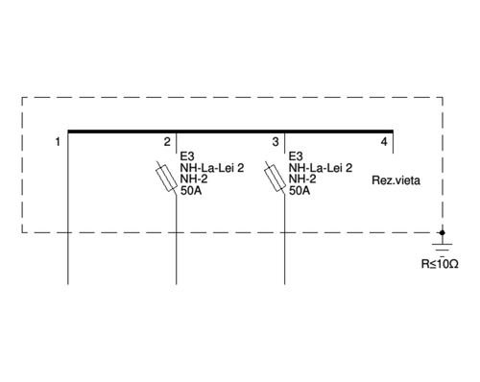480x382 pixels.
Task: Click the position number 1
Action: (x=59, y=143)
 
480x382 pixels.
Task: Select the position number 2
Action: (x=167, y=143)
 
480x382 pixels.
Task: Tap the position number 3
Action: (x=276, y=143)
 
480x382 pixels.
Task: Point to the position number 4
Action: (x=384, y=143)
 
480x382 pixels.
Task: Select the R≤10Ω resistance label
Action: (x=440, y=263)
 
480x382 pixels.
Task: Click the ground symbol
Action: (x=443, y=246)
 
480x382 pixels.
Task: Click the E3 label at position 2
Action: (x=188, y=155)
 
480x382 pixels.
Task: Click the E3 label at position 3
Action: (x=296, y=155)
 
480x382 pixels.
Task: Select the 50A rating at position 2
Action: (x=191, y=191)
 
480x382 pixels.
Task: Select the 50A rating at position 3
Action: (x=300, y=191)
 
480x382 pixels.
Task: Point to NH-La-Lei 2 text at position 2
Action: (x=212, y=167)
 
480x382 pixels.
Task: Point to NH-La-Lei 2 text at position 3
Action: (x=321, y=167)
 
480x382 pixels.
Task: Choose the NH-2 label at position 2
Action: (x=195, y=179)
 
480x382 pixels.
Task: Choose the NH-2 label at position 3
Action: (x=303, y=179)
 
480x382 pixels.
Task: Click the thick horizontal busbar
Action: (x=230, y=131)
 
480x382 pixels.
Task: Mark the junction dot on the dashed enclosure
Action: (x=443, y=231)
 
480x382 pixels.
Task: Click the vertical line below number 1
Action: (x=68, y=211)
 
